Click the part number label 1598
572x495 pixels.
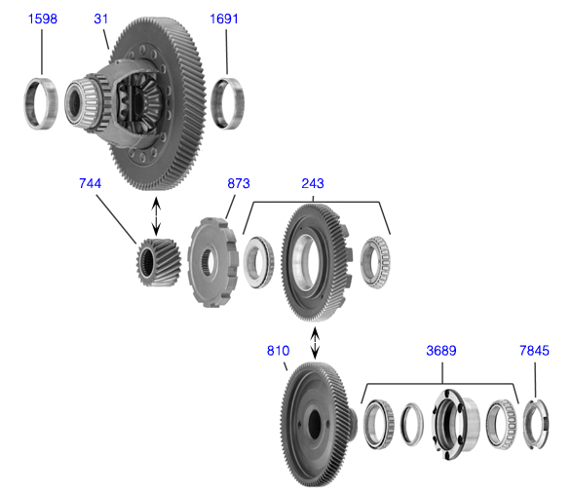coord(43,19)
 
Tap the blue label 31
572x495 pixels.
coord(101,19)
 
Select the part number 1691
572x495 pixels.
coord(224,19)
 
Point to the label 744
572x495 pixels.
coord(90,183)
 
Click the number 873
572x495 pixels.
coord(239,183)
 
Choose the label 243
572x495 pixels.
coord(313,183)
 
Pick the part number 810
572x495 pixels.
coord(278,351)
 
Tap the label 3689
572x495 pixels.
coord(441,351)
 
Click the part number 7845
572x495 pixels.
coord(534,351)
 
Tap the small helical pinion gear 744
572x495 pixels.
coord(159,262)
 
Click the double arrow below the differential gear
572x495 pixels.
coord(156,216)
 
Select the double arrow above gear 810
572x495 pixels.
coord(315,343)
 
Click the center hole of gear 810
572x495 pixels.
coord(315,424)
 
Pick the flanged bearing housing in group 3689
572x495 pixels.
coord(455,424)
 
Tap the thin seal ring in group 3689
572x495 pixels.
coord(411,424)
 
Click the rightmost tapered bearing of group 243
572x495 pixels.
coord(376,262)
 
